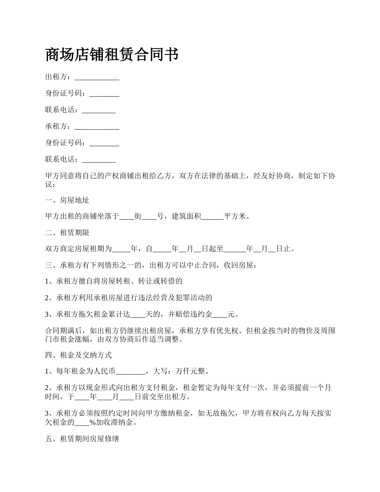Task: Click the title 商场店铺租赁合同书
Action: pos(112,54)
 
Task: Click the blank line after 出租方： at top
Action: pos(97,77)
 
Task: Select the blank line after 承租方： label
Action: pos(97,126)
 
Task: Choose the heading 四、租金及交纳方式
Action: pos(78,355)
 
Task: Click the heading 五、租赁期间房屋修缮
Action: pos(82,439)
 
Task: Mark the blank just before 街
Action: pos(127,216)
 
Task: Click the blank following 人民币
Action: pos(130,371)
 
